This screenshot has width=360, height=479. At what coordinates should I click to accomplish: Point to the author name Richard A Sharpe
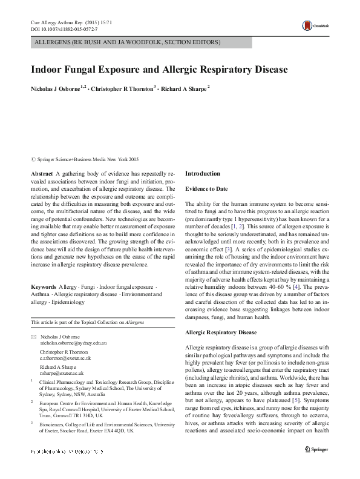click(184, 88)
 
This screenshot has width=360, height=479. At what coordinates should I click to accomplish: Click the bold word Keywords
click(44, 285)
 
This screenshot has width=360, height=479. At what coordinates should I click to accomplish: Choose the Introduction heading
click(203, 173)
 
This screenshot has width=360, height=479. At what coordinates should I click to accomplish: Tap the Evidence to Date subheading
click(206, 189)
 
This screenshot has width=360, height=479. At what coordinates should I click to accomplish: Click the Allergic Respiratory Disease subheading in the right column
click(221, 332)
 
